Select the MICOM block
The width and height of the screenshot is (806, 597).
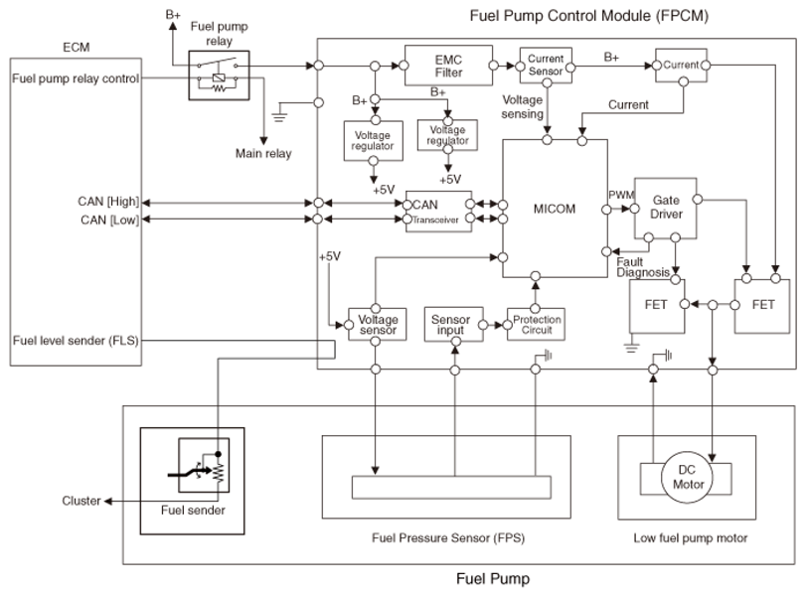point(554,209)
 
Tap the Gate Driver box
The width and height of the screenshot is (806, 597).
point(666,208)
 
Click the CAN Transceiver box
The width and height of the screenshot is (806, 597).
point(438,213)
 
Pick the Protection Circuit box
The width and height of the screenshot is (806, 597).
point(536,325)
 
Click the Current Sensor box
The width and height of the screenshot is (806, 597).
point(546,66)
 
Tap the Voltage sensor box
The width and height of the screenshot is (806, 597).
point(376,325)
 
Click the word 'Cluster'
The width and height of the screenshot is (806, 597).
point(81,501)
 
